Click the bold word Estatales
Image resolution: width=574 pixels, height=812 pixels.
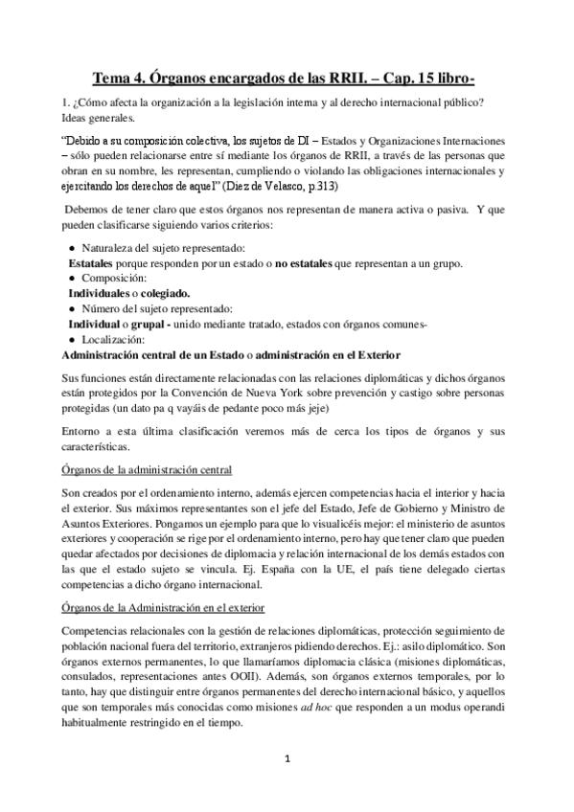point(95,263)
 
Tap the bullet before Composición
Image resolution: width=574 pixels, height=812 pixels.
point(73,279)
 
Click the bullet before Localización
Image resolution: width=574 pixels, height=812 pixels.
point(73,339)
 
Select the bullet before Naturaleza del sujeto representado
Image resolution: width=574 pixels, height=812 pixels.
point(73,248)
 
